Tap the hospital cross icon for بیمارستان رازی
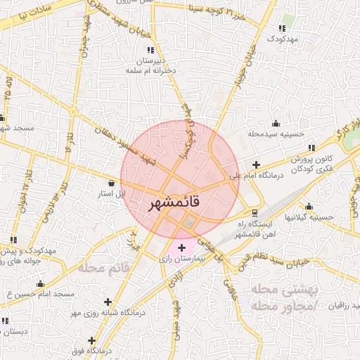click(182, 247)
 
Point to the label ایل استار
click(113, 193)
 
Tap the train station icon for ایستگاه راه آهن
click(255, 212)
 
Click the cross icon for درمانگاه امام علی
click(257, 165)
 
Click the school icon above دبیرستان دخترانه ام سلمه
click(150, 50)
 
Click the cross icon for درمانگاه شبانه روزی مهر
click(108, 302)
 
